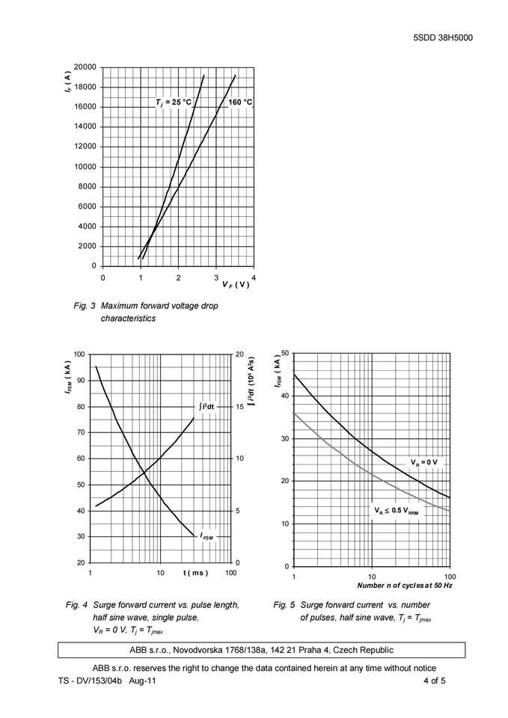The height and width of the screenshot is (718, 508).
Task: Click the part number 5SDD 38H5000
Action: pos(442,38)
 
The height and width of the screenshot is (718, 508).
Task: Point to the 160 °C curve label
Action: pos(240,102)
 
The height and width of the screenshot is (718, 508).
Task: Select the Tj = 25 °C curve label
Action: pos(174,102)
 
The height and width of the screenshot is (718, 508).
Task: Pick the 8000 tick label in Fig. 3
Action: pos(88,187)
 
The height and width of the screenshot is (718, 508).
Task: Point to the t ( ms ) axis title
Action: pos(195,573)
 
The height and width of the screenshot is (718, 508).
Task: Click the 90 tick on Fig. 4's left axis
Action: pos(80,381)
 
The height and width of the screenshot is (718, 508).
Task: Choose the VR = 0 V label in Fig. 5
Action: pos(424,462)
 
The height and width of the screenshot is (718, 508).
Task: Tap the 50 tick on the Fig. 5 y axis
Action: pos(284,353)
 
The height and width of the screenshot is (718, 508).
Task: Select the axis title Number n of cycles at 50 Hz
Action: pos(404,585)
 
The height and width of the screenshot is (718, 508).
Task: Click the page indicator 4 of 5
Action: pos(434,681)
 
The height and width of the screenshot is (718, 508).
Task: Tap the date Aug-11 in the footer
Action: pos(142,681)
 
